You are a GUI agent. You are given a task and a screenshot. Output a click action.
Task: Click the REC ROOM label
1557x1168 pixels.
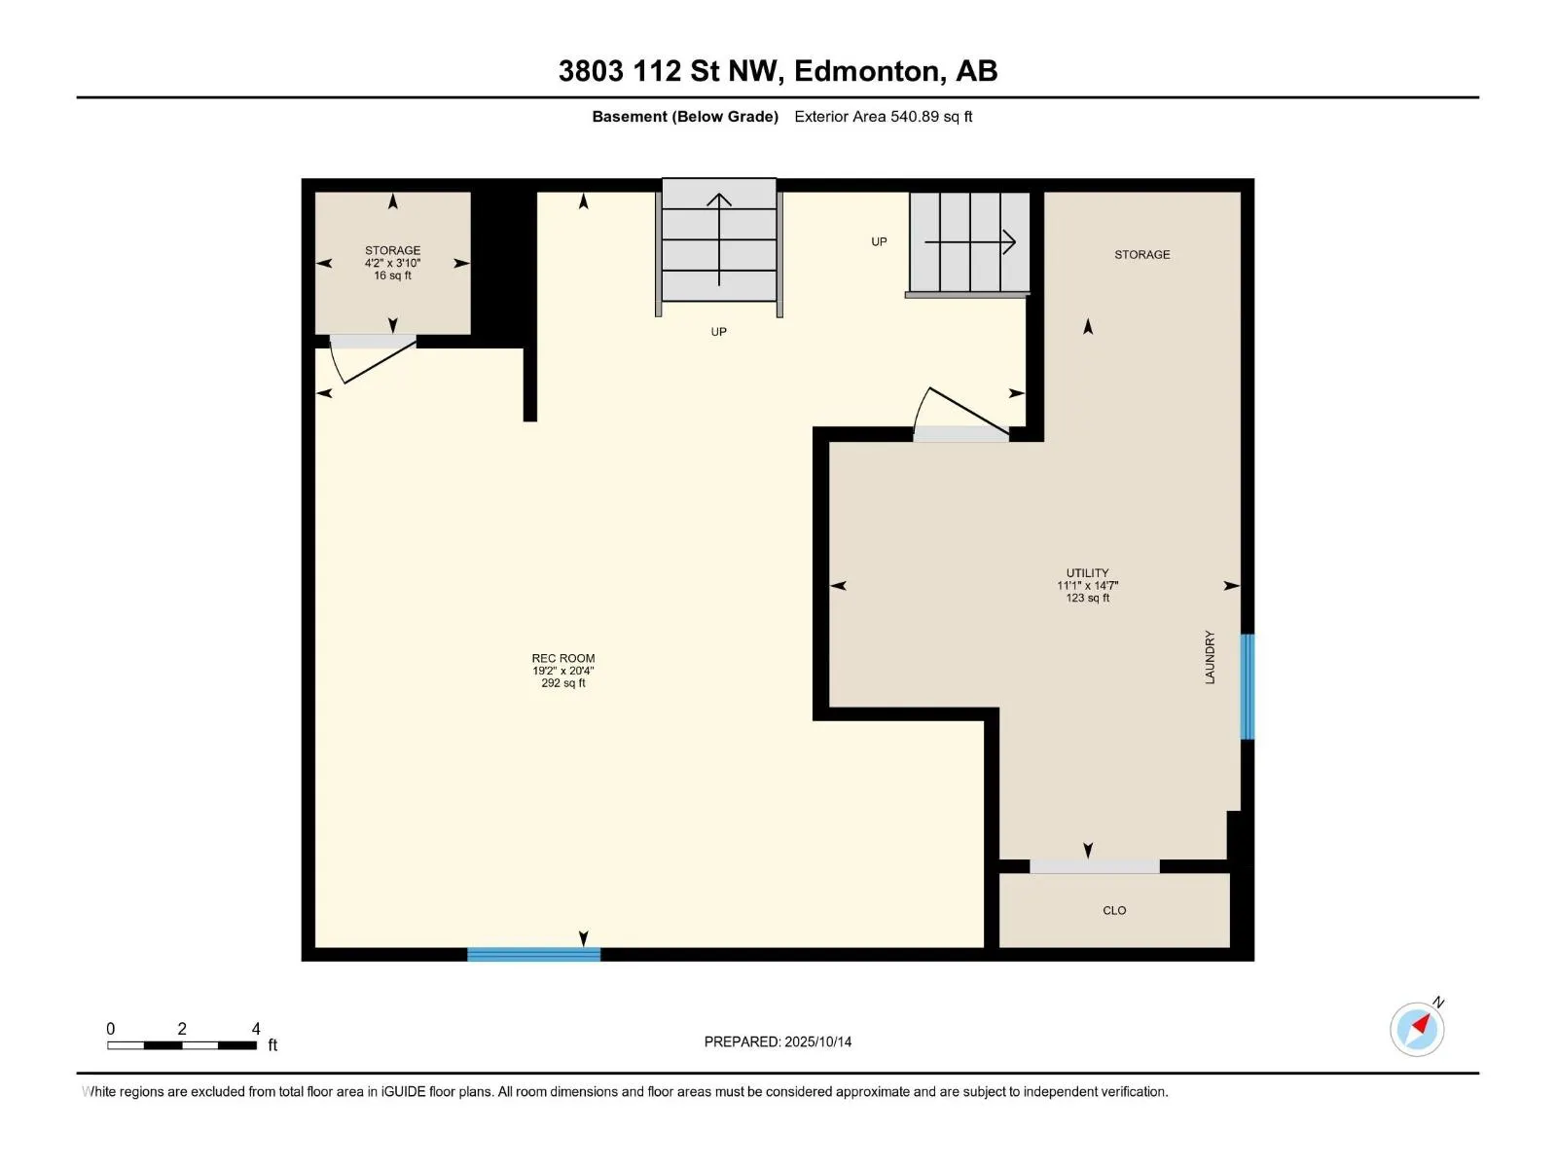point(563,658)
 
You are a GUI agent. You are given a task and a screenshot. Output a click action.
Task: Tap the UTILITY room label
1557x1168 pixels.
point(1087,573)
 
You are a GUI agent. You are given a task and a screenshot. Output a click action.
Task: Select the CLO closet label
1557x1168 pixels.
point(1114,911)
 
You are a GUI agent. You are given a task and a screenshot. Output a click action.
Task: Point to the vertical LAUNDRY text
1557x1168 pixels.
point(1211,657)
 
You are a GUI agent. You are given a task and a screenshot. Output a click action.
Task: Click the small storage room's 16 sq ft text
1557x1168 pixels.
point(393,275)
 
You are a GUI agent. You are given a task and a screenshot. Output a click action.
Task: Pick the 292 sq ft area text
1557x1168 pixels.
point(563,683)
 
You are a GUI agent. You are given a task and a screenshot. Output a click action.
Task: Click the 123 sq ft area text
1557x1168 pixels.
point(1087,599)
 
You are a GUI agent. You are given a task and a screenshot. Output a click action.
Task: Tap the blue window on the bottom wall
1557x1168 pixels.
point(534,955)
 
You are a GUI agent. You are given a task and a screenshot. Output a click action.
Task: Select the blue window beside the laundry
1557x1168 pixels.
point(1247,686)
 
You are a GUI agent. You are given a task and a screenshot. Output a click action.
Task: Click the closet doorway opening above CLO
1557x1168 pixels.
point(1095,866)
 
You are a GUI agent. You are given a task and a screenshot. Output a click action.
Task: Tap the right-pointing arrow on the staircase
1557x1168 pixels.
point(969,242)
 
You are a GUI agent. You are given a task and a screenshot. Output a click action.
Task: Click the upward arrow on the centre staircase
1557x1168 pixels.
point(718,239)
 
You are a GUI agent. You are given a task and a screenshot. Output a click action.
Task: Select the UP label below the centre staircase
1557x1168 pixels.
point(718,332)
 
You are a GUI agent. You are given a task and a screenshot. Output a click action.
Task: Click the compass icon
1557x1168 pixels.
point(1417,1029)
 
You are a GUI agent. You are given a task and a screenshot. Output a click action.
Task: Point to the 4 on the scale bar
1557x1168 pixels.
point(256,1029)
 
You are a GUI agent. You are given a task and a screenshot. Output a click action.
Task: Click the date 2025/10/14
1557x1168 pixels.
point(817,1041)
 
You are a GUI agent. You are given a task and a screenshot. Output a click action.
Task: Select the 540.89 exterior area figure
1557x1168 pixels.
point(915,117)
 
